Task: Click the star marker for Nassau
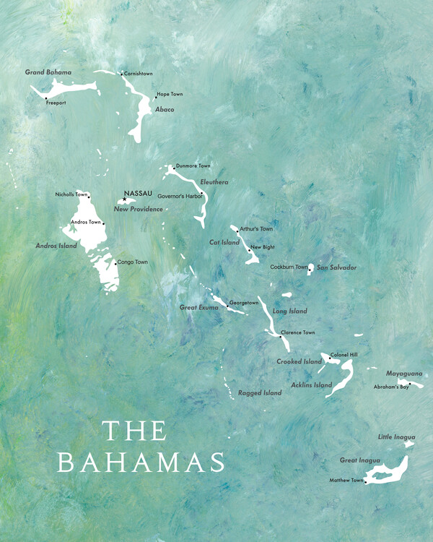(124, 199)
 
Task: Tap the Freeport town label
(56, 103)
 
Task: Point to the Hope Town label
(170, 95)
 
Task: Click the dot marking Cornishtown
(121, 74)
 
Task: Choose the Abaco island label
(165, 109)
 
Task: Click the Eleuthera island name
(214, 182)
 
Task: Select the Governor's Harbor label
(180, 196)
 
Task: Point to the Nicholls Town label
(71, 194)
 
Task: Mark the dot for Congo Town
(114, 263)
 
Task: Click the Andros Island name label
(56, 246)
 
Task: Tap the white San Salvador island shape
(310, 268)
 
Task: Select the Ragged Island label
(260, 393)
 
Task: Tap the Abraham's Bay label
(391, 387)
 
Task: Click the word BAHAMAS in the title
(140, 462)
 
